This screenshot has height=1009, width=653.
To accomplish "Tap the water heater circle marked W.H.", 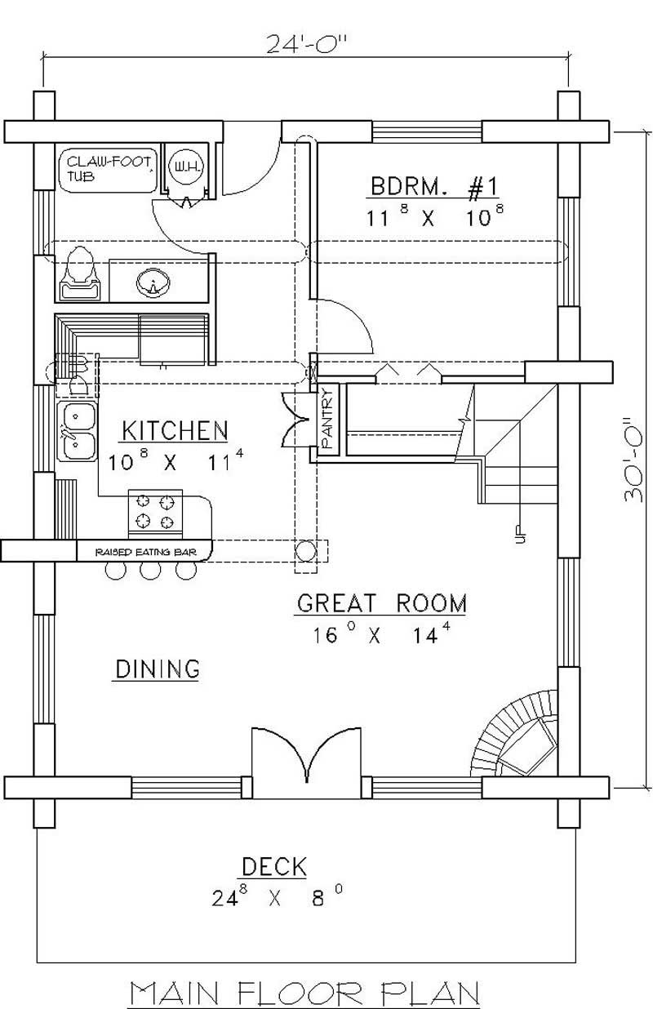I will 180,168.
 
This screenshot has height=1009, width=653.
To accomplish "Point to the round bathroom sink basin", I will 153,282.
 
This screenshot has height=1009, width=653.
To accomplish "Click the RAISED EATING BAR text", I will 144,553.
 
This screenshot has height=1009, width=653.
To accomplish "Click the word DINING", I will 156,669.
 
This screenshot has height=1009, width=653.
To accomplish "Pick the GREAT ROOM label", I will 381,604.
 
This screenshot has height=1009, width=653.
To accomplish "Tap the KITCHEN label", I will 175,429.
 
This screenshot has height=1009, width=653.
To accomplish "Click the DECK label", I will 273,866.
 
